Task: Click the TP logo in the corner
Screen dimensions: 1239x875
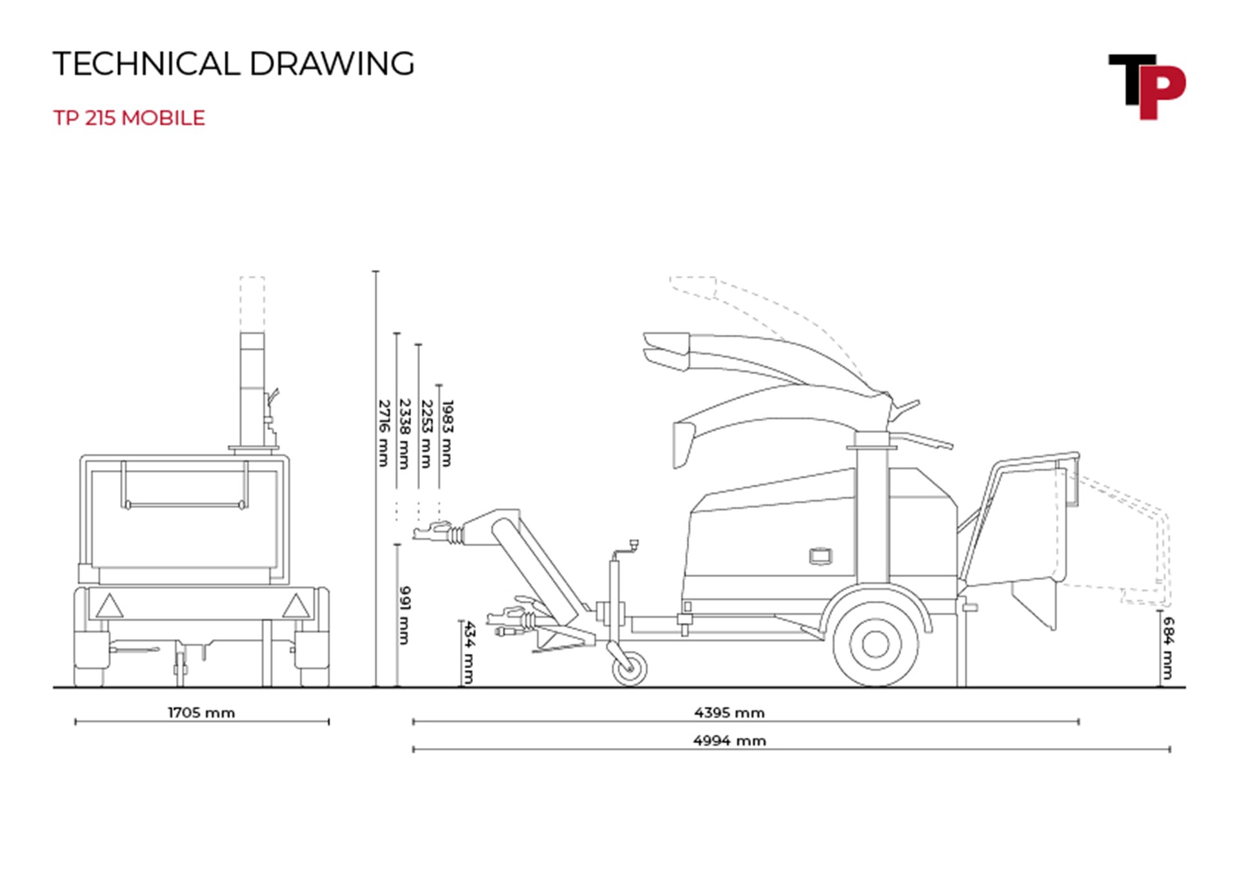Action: click(1147, 86)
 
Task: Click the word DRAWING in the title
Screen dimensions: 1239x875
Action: click(332, 63)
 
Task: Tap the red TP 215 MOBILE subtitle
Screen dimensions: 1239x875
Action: click(129, 118)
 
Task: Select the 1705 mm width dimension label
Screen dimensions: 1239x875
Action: click(201, 713)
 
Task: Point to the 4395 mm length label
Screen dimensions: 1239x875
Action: click(729, 713)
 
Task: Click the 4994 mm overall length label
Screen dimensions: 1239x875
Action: click(729, 740)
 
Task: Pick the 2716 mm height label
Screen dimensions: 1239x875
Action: click(384, 433)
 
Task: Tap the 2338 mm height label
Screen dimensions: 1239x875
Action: click(405, 433)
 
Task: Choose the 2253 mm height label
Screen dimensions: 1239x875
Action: click(426, 433)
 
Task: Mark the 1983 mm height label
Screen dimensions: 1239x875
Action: click(447, 433)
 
